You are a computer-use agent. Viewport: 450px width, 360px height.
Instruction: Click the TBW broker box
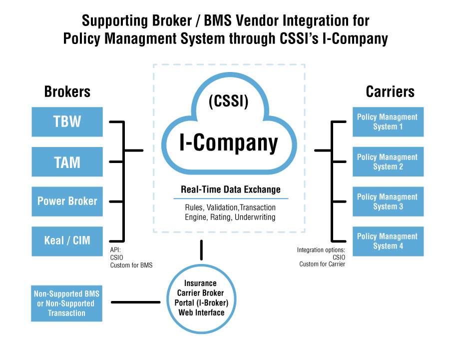(x=67, y=122)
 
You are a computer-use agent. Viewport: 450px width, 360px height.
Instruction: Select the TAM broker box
(x=67, y=161)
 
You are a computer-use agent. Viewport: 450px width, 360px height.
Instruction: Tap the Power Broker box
(x=67, y=201)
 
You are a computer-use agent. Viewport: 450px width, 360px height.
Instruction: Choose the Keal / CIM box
(x=67, y=240)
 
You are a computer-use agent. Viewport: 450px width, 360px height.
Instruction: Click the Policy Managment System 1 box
(x=388, y=121)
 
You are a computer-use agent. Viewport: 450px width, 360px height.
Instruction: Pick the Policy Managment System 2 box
(x=388, y=161)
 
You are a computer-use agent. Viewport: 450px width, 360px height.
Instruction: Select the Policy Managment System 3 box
(x=388, y=201)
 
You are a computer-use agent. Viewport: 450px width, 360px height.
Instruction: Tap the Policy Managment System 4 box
(x=388, y=241)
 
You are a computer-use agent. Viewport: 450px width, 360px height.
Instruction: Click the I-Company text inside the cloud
(x=229, y=143)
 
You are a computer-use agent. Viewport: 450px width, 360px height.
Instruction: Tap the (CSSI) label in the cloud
(x=228, y=102)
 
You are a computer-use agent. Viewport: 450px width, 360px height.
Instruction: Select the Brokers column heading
(x=67, y=91)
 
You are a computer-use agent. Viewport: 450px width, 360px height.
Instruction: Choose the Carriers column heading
(x=390, y=91)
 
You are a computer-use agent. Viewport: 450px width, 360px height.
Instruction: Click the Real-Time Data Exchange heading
(x=230, y=189)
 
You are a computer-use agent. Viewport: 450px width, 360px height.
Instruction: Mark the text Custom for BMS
(x=131, y=265)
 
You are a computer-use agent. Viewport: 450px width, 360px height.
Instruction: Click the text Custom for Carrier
(x=322, y=264)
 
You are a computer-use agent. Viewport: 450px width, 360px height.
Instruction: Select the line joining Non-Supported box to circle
(x=135, y=302)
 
